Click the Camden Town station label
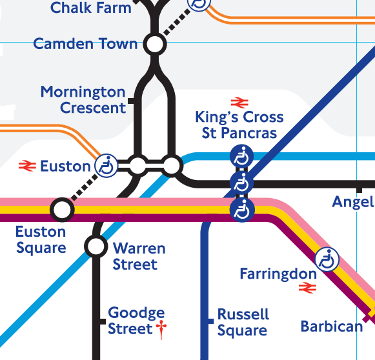[x=85, y=45]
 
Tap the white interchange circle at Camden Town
[x=154, y=45]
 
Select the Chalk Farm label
[x=90, y=8]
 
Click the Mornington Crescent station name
[x=83, y=100]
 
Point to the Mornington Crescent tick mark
[x=132, y=101]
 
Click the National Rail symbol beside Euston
[x=26, y=166]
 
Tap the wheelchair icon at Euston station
[x=106, y=166]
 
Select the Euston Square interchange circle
[x=62, y=209]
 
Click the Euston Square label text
[x=41, y=240]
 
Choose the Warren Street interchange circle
[x=96, y=246]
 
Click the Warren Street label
[x=139, y=256]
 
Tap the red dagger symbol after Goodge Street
[x=161, y=330]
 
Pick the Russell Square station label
[x=243, y=323]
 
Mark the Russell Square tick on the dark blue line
[x=210, y=321]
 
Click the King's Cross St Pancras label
[x=239, y=125]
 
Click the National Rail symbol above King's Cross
[x=239, y=101]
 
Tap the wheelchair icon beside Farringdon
[x=327, y=259]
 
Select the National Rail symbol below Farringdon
[x=306, y=290]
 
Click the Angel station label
[x=353, y=202]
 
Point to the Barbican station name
[x=332, y=326]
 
